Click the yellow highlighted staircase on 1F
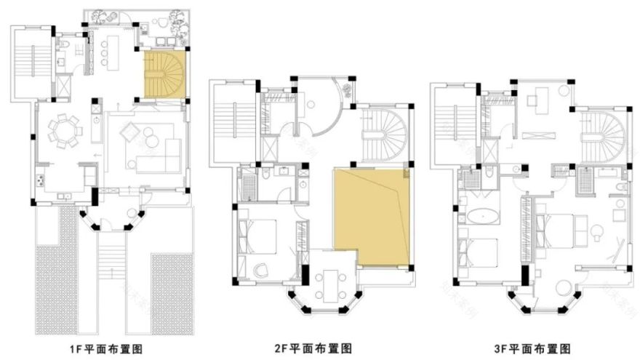(164, 74)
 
